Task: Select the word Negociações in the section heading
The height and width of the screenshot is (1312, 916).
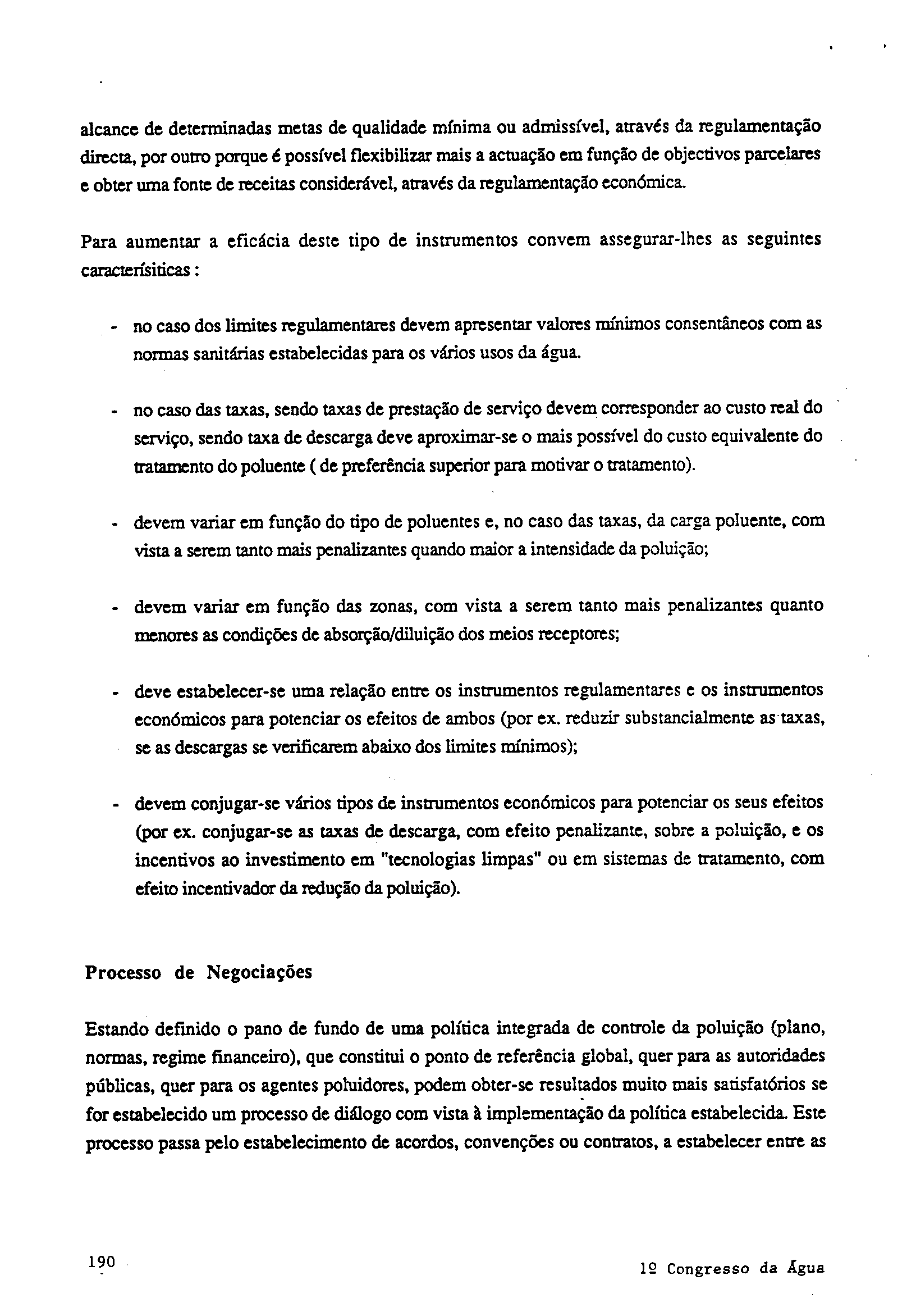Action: click(259, 972)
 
